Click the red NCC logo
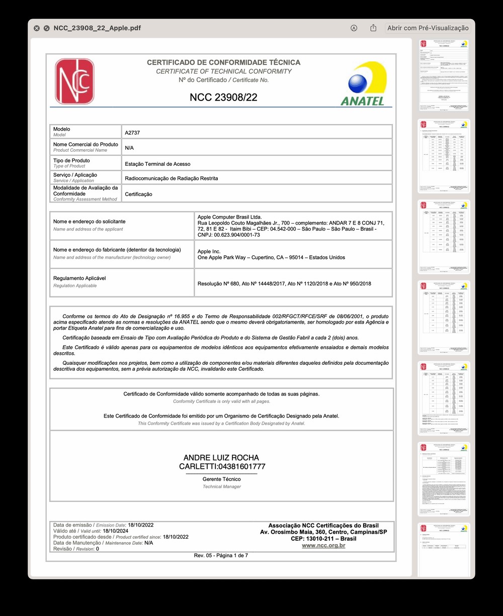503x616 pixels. tap(74, 81)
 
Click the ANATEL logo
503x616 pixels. tap(363, 84)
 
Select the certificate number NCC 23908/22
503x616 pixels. tap(223, 97)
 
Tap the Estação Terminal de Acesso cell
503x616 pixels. tap(157, 164)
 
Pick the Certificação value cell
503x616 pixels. tap(138, 194)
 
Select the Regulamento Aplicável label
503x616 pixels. tap(79, 278)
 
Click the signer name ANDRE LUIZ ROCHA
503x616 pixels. tap(221, 458)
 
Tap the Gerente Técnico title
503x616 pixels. tap(221, 479)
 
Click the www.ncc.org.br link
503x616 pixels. tap(323, 546)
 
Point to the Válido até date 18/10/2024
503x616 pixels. tap(116, 531)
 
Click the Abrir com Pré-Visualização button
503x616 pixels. tap(428, 28)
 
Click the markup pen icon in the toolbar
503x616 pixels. tap(354, 28)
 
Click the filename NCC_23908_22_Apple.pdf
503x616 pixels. tap(97, 28)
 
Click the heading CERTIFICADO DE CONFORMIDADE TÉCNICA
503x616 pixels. tap(223, 62)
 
